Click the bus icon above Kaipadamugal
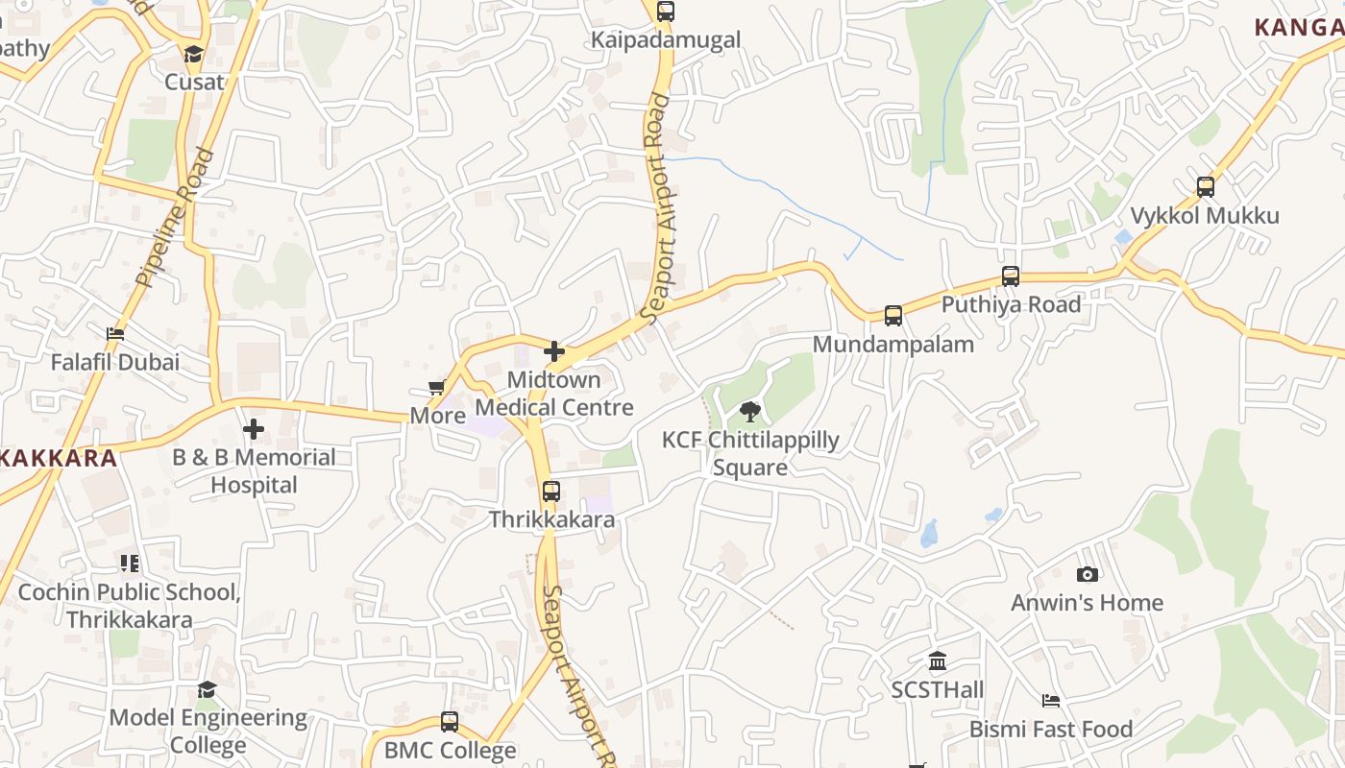666,12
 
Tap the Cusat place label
194,82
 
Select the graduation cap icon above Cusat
194,54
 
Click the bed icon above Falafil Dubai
115,334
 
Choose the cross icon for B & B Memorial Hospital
254,429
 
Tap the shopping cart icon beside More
437,388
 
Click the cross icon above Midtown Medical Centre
554,351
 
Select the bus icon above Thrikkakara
551,492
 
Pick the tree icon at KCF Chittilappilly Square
750,413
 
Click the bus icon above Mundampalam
893,316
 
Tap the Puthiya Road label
1011,304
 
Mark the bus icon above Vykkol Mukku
1206,187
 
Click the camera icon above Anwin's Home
1088,575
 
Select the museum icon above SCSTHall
938,661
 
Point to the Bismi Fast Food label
1051,730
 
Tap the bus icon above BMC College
450,722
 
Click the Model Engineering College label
208,732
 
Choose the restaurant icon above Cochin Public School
130,564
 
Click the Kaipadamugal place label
666,39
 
